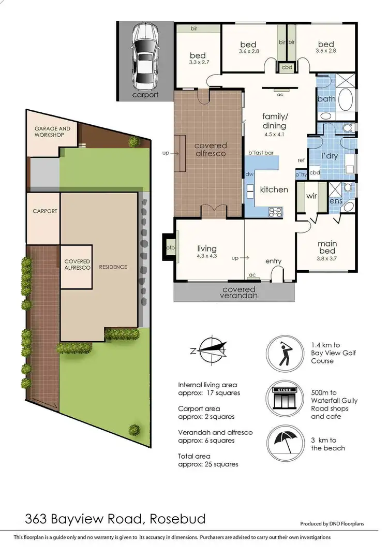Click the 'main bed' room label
coord(327,247)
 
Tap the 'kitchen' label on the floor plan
coord(274,189)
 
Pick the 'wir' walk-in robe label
coord(312,196)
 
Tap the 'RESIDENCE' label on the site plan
coord(114,267)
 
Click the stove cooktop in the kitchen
coord(276,211)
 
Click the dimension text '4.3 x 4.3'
coord(206,256)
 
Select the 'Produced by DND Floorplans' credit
coord(332,523)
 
